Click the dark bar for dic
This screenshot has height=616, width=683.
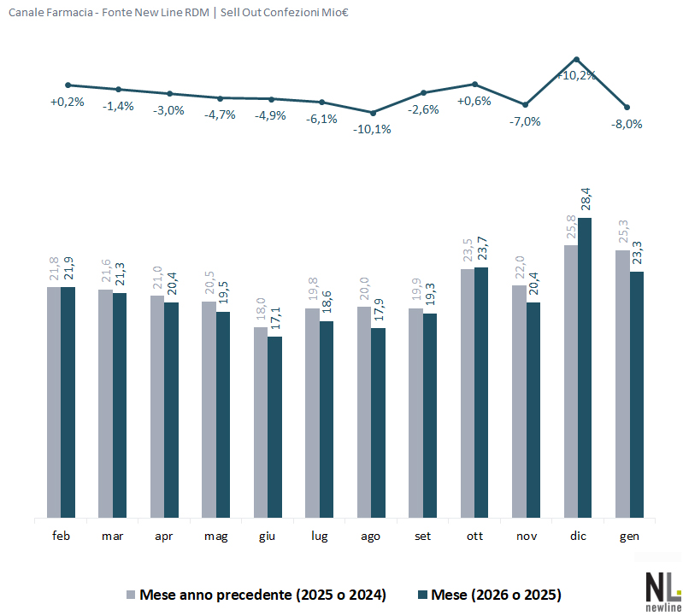pyautogui.click(x=585, y=367)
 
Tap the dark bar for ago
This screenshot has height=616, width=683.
pyautogui.click(x=378, y=423)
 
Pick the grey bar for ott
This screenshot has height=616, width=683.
pyautogui.click(x=467, y=393)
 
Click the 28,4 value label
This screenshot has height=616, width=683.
pyautogui.click(x=585, y=199)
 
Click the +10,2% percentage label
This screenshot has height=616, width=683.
pyautogui.click(x=575, y=75)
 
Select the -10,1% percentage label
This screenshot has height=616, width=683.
pyautogui.click(x=373, y=129)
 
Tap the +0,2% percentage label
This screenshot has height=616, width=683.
pyautogui.click(x=68, y=102)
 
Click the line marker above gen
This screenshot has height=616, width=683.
pyautogui.click(x=627, y=107)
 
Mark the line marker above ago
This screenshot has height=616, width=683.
pyautogui.click(x=372, y=112)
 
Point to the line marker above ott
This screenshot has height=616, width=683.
pyautogui.click(x=474, y=84)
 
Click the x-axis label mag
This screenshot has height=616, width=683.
pyautogui.click(x=215, y=536)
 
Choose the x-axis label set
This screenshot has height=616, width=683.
pyautogui.click(x=423, y=536)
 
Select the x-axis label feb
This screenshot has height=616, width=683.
pyautogui.click(x=61, y=536)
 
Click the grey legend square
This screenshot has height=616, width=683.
pyautogui.click(x=131, y=594)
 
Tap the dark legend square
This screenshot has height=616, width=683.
pyautogui.click(x=422, y=594)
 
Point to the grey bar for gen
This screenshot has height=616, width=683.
pyautogui.click(x=622, y=384)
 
